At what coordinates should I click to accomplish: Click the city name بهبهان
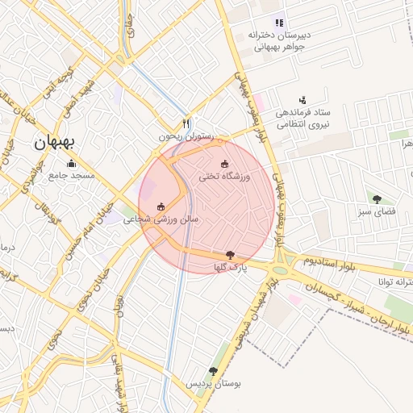[x=55, y=143]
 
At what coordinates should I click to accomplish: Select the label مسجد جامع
[x=73, y=175]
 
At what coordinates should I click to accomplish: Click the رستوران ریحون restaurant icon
[x=186, y=124]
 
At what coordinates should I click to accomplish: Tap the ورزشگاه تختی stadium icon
[x=225, y=165]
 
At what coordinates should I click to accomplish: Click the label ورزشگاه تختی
[x=225, y=176]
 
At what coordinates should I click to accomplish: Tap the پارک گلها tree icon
[x=232, y=255]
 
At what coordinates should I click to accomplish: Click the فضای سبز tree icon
[x=377, y=198]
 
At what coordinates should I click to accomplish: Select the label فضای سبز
[x=376, y=211]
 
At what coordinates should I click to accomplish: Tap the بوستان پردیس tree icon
[x=213, y=371]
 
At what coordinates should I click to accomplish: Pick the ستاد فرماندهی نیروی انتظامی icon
[x=302, y=100]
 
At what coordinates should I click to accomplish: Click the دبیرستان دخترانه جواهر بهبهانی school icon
[x=278, y=23]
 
